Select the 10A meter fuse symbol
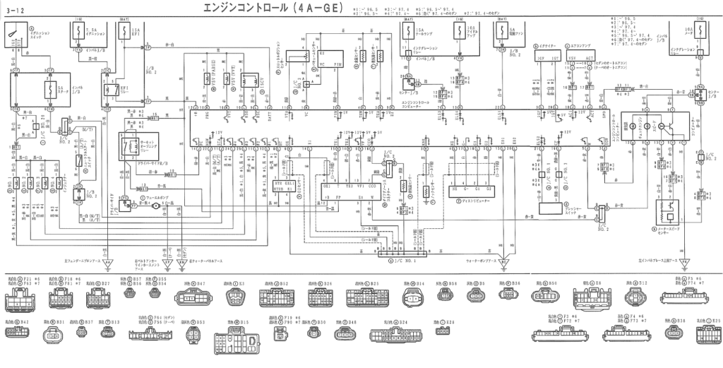click(683, 34)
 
